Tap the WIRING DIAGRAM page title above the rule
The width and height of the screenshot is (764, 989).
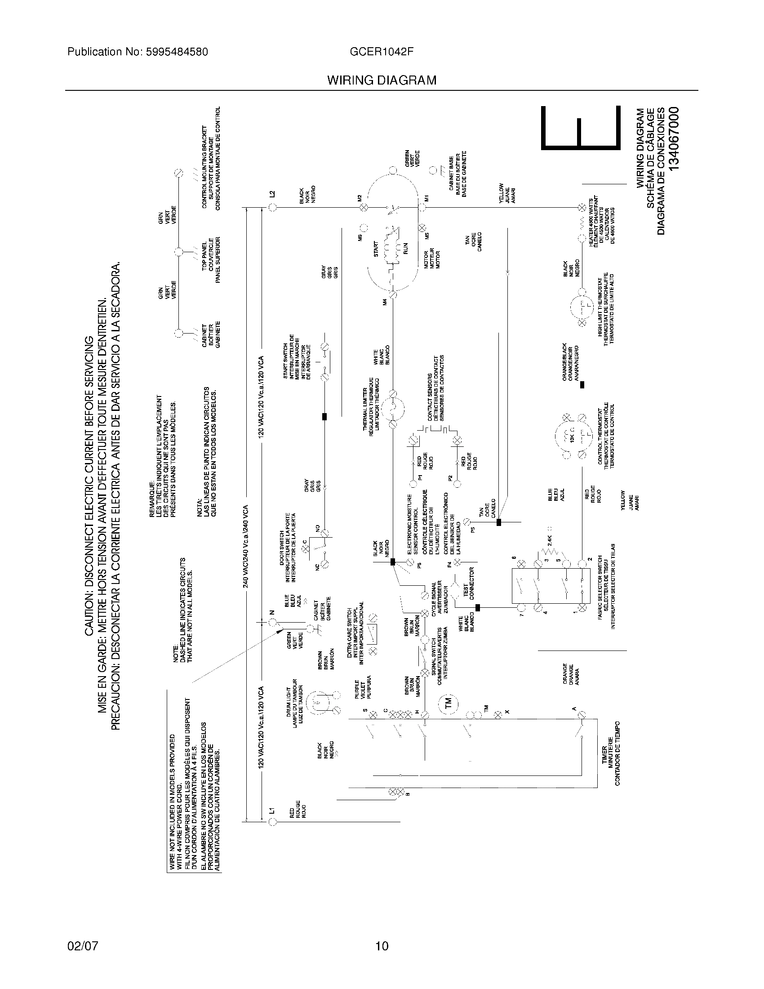click(x=382, y=80)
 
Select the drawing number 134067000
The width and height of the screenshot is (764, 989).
click(x=674, y=138)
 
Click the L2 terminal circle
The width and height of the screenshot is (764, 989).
click(x=272, y=207)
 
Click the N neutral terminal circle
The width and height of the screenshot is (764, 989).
click(x=272, y=623)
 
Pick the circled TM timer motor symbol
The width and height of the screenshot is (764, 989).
click(x=448, y=703)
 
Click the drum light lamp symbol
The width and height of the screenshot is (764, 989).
click(x=319, y=702)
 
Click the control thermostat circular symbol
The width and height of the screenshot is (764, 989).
click(x=573, y=437)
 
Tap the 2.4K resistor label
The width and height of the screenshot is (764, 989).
click(x=550, y=540)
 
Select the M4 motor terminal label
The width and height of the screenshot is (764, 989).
click(x=385, y=302)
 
